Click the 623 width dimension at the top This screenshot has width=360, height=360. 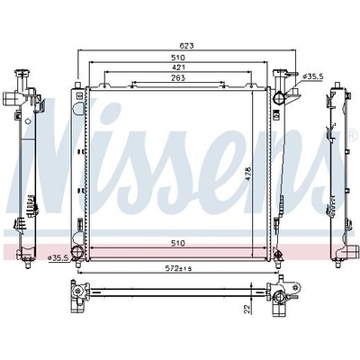pos(186,46)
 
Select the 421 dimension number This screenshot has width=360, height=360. pos(178,67)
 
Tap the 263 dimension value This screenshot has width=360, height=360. pos(178,77)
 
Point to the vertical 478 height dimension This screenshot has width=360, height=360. pos(247,175)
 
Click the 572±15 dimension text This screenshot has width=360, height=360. pos(178,268)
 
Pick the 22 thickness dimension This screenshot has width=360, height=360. pos(247,309)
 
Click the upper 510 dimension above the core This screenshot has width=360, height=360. pos(178,57)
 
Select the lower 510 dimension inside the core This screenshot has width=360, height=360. pos(178,243)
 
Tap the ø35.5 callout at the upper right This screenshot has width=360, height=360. pos(313,76)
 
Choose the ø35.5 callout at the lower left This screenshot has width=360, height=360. pos(58,257)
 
